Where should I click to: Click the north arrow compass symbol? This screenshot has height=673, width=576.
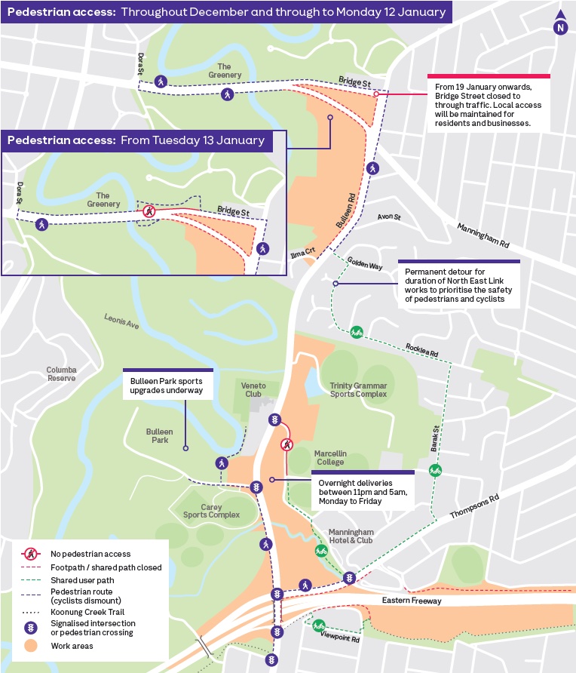[x=559, y=24]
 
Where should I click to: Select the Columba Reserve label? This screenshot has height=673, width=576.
[x=61, y=373]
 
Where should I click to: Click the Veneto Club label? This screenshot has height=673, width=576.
[x=254, y=390]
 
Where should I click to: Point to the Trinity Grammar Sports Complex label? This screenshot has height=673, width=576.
[x=358, y=389]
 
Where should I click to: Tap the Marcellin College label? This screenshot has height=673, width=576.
[x=330, y=458]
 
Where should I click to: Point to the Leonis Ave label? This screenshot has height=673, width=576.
[x=121, y=321]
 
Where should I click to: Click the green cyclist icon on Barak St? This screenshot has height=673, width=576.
[x=435, y=471]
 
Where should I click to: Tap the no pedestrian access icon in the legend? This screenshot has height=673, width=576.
[x=30, y=554]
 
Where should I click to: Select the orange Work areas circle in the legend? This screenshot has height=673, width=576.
[x=30, y=646]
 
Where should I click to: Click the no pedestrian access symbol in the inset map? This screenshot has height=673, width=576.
[x=149, y=211]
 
